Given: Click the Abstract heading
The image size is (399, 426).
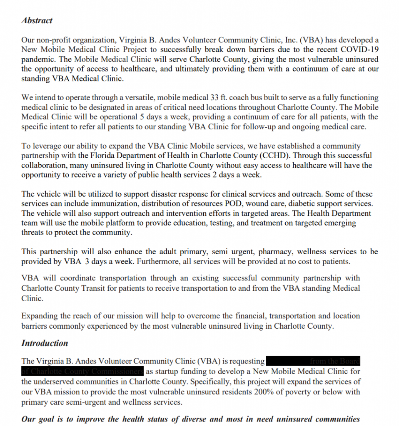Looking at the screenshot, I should (x=37, y=20).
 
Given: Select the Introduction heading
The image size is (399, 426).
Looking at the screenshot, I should (x=45, y=343).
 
